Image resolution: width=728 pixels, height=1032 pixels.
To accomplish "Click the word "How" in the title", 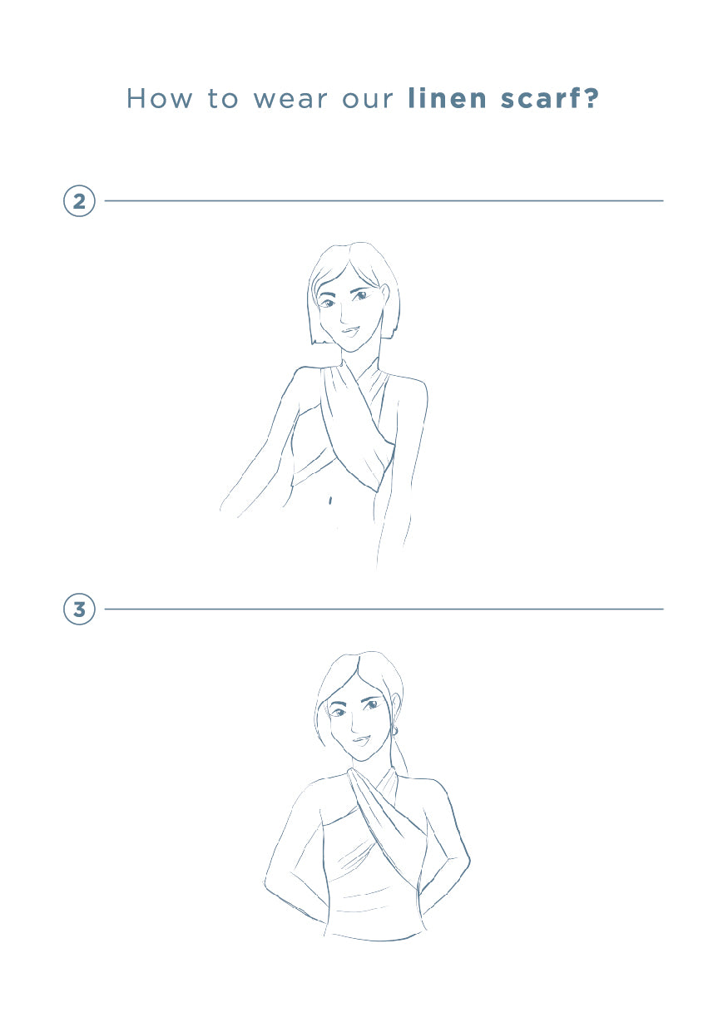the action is tap(159, 99).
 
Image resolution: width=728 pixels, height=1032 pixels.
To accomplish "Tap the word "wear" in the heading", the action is tap(290, 100).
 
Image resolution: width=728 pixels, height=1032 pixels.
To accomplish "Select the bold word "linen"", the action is tap(448, 99).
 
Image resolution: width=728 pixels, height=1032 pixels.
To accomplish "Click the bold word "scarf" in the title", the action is tap(540, 99).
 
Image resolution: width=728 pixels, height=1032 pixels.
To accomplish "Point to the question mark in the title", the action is tap(591, 99).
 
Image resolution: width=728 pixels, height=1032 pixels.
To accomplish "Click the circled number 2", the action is tap(79, 201).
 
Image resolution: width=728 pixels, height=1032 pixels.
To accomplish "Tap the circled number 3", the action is tap(79, 609).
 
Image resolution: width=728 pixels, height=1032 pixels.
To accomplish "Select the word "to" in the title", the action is tap(223, 100).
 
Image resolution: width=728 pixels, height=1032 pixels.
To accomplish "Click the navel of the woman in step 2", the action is tap(330, 500).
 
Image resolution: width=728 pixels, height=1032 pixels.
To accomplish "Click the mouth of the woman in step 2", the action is tap(349, 331).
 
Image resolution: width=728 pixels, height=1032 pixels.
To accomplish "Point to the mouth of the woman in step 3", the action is tap(361, 741).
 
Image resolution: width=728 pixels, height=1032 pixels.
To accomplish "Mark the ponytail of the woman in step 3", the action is tap(401, 757).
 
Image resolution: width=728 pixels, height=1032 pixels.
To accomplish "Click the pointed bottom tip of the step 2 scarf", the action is tap(377, 491).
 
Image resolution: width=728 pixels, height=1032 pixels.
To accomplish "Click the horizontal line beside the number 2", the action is tap(384, 201).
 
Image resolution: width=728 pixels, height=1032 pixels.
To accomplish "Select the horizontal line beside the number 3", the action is tap(384, 609).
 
